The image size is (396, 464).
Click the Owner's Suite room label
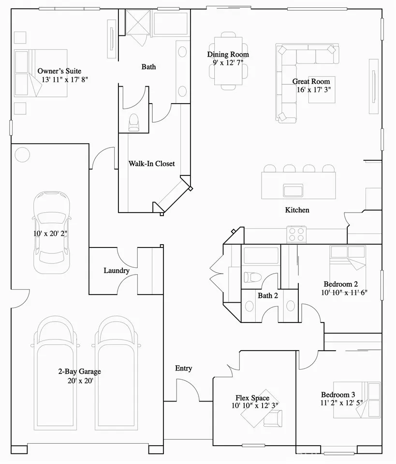pos(59,71)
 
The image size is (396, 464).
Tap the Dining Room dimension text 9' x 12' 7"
pos(228,63)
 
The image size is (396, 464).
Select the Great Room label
pos(311,81)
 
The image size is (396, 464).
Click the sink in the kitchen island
pos(293,190)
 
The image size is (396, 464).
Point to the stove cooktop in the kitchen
pos(296,234)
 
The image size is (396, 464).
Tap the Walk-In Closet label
pos(152,164)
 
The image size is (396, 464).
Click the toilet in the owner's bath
pos(134,123)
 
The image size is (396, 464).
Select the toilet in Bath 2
pos(252,277)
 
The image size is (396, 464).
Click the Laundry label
pos(117,270)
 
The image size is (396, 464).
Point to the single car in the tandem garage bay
pos(52,232)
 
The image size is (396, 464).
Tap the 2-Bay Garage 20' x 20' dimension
pos(80,381)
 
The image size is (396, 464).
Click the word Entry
pos(184,369)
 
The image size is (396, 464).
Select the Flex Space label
pos(252,398)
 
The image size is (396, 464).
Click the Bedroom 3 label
pos(338,395)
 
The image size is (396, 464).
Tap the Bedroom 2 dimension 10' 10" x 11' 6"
pos(344,293)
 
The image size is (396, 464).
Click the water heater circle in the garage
pos(22,155)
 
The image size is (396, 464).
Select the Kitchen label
pos(297,210)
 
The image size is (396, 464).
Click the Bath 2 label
pos(268,295)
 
